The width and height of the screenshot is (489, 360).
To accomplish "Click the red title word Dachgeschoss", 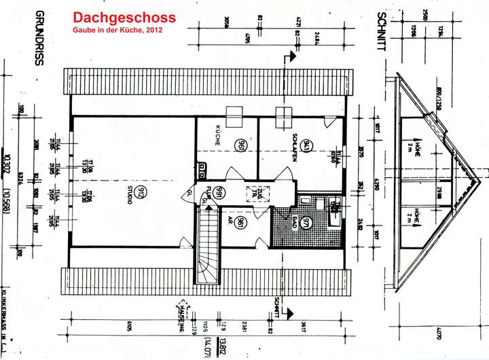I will (x=124, y=18).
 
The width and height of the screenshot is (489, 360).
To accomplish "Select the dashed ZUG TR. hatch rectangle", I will (x=256, y=192).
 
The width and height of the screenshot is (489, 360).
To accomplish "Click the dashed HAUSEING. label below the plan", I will (x=181, y=317).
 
